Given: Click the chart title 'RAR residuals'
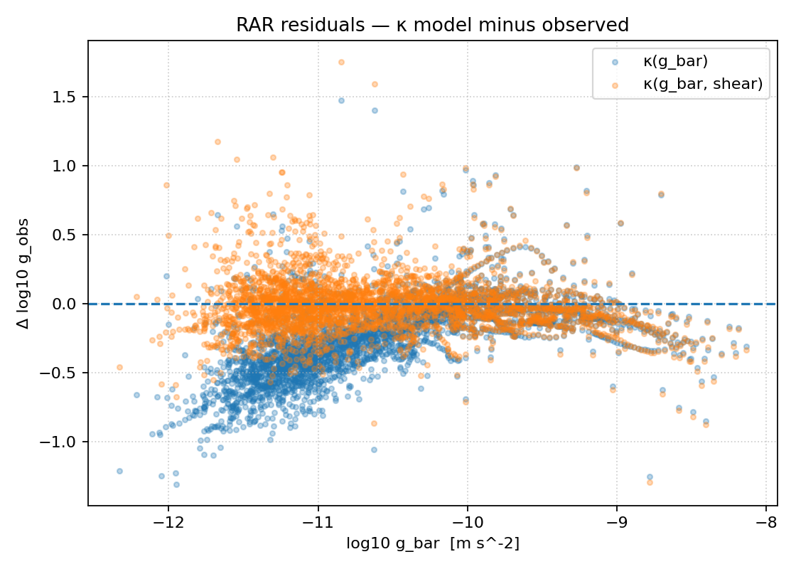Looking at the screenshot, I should pyautogui.click(x=432, y=25).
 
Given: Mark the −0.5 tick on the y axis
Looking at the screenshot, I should pyautogui.click(x=63, y=373).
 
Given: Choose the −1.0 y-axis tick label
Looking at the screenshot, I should pyautogui.click(x=63, y=442).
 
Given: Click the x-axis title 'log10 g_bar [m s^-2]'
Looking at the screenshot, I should pyautogui.click(x=432, y=544).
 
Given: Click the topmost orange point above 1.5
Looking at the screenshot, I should pyautogui.click(x=341, y=63).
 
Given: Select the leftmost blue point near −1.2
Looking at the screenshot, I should pyautogui.click(x=119, y=471).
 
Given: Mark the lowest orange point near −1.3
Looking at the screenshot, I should pyautogui.click(x=650, y=482).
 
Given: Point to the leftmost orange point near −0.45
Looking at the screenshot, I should pyautogui.click(x=119, y=367).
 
